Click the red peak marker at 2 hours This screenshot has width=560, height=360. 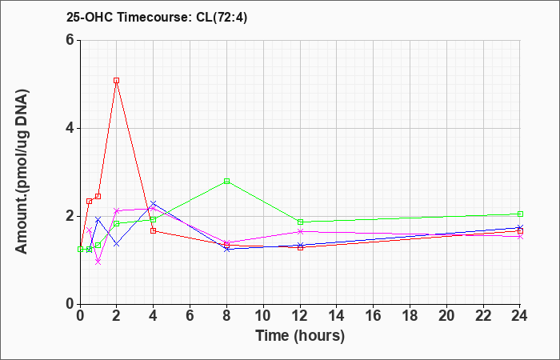[117, 80]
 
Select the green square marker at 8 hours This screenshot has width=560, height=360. [226, 181]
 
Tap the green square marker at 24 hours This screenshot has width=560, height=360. [520, 214]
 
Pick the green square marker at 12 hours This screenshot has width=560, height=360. [300, 222]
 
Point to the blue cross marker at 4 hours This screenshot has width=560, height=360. [154, 203]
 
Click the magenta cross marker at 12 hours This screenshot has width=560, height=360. [300, 231]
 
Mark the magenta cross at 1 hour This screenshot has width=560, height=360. [98, 262]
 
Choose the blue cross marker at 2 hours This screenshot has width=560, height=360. [117, 244]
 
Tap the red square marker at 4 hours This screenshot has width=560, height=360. [154, 230]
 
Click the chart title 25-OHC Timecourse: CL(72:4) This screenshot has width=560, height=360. [157, 17]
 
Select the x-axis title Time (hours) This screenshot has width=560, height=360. [300, 336]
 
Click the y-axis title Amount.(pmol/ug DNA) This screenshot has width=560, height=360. [22, 171]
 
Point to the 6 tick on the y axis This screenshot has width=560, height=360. [70, 40]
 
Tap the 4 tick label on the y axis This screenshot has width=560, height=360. [70, 128]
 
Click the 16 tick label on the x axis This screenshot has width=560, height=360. [374, 316]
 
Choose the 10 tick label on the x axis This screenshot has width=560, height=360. [263, 316]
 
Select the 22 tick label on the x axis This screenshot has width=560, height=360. [483, 316]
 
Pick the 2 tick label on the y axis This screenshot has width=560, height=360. [70, 216]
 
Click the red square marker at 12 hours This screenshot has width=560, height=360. [300, 247]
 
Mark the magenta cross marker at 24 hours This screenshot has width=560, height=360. [520, 237]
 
